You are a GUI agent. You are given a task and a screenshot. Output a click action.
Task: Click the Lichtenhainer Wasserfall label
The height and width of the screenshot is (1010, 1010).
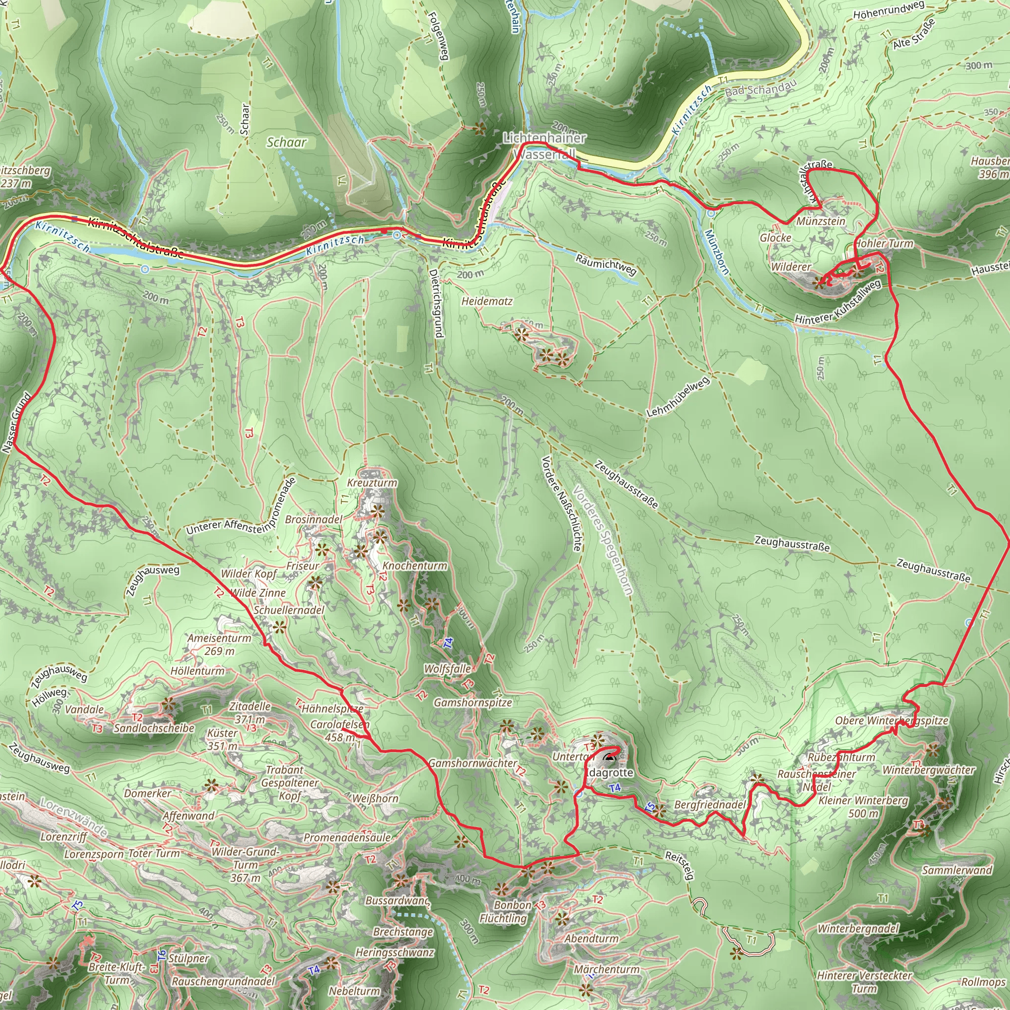544,146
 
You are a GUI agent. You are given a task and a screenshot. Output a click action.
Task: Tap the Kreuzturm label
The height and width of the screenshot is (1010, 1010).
372,483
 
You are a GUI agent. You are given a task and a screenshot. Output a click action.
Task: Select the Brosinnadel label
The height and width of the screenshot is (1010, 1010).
314,520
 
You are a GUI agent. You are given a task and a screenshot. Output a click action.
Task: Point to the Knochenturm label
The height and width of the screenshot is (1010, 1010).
415,566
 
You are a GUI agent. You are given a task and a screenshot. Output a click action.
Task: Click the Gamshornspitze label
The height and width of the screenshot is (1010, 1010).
472,703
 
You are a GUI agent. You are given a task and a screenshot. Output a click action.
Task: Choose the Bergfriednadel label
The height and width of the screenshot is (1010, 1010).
709,804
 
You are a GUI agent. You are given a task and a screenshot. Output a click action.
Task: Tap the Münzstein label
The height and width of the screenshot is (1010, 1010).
821,221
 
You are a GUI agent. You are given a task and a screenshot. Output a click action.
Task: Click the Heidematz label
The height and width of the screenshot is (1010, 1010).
487,302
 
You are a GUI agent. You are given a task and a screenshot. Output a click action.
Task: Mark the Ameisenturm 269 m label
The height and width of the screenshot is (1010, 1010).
219,645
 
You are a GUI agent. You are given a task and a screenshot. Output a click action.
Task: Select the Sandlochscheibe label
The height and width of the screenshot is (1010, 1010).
154,728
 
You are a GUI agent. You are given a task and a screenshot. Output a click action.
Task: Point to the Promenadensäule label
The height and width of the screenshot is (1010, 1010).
348,837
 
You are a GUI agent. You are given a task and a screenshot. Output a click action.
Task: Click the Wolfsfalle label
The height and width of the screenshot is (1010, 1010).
447,669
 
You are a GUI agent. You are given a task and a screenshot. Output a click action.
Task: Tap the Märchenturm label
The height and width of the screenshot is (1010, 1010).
607,969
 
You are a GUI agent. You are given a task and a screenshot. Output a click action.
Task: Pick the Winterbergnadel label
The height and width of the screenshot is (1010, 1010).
859,929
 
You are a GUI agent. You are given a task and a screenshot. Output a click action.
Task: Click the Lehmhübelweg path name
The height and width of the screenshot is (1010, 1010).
678,397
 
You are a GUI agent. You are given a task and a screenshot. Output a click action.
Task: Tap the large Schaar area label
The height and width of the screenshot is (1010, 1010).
287,142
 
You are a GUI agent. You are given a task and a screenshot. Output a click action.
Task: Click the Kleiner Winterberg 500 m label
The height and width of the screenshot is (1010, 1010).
863,807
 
